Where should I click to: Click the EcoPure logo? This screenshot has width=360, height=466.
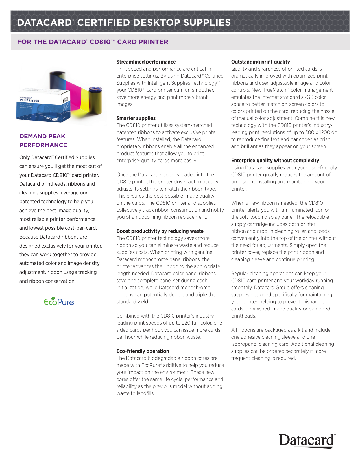coord(59,302)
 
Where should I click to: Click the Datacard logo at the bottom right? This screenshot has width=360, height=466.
coord(307,441)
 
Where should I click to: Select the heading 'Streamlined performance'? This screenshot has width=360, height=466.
coord(146,62)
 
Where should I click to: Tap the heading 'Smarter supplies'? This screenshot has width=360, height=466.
coord(136,118)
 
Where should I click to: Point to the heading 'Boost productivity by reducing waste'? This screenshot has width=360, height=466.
coord(160,231)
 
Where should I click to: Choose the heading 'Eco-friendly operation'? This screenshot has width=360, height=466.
coord(143,351)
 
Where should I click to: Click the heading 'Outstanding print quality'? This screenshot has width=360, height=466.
coord(260,62)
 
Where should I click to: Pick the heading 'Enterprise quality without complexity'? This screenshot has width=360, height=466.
coord(275,161)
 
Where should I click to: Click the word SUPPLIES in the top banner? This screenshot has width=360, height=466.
coord(207,23)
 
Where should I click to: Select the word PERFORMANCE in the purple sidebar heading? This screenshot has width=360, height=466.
coord(43,145)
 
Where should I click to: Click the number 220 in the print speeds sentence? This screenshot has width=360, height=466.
coord(186,323)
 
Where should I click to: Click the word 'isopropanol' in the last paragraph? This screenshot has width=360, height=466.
coord(244,344)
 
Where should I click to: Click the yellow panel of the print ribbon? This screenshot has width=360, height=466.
coord(82,100)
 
